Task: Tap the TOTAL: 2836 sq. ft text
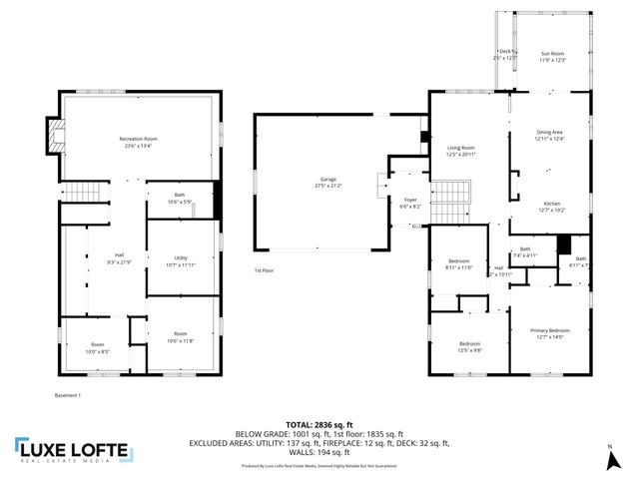(319, 424)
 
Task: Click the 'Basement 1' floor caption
(68, 395)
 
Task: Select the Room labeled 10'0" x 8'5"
(97, 348)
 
